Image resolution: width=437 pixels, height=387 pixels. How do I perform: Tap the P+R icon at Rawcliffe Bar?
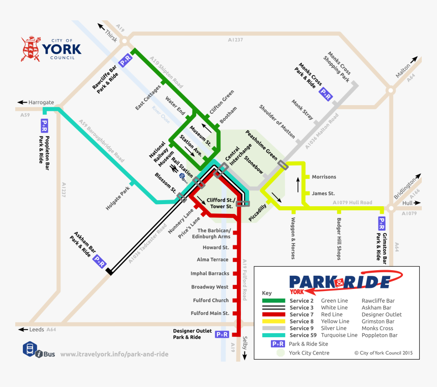coord(126,61)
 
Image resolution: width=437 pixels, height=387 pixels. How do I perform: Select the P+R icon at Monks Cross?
coord(325,93)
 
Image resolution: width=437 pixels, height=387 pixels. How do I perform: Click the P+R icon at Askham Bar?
coord(100,261)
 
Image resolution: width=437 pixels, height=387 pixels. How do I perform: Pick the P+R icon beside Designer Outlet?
coord(222,334)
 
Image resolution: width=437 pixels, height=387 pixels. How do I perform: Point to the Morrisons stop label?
coord(324,177)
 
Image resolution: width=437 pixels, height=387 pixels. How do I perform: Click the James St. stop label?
coord(323,193)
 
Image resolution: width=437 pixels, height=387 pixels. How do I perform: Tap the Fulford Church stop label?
coord(210,300)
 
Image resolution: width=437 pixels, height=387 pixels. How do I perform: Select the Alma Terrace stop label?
coord(212,260)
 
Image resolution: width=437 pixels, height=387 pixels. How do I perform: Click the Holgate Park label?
coord(119,198)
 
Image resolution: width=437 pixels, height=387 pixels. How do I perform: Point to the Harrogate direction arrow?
coord(22,102)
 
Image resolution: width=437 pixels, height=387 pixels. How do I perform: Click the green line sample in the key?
coord(273,301)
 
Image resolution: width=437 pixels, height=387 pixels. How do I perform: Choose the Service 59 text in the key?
coord(303,335)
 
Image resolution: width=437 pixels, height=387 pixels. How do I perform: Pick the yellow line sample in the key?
coord(273,321)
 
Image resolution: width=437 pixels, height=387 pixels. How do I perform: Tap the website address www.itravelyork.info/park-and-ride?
coord(114,354)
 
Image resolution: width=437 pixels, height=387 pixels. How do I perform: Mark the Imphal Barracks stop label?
coord(210,273)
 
